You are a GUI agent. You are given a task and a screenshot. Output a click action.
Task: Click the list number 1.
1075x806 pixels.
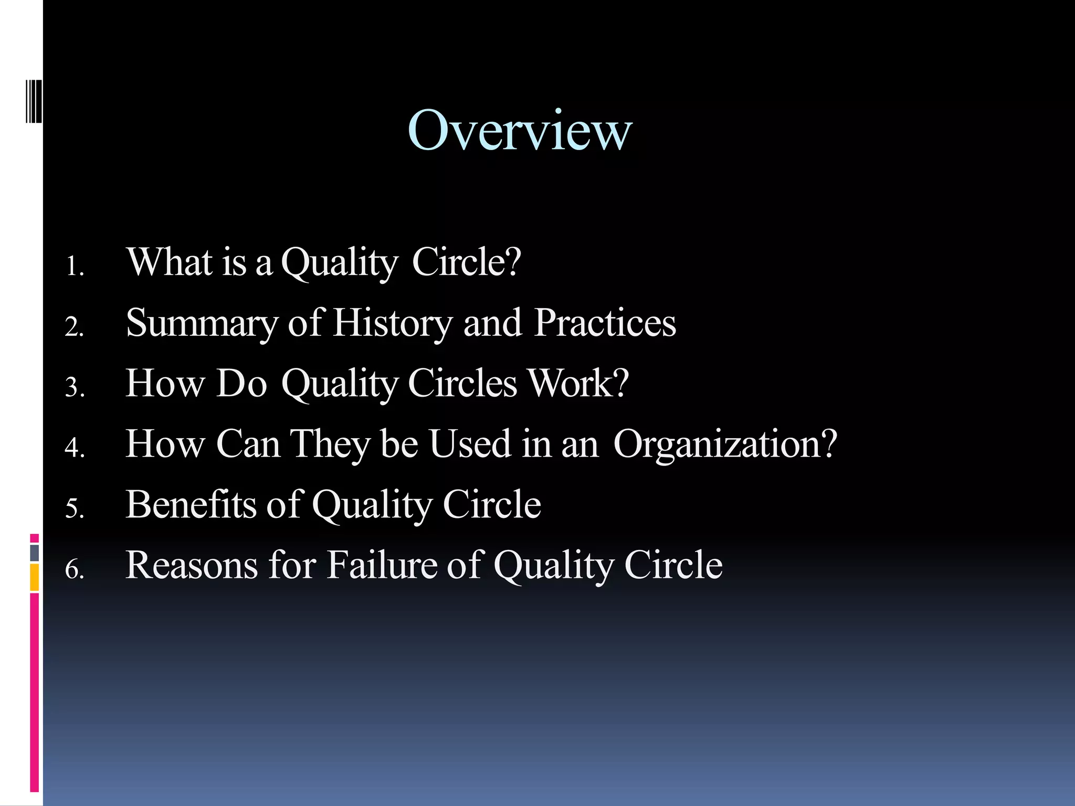[x=74, y=267]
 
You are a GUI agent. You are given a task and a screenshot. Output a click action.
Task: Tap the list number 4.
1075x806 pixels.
[x=74, y=448]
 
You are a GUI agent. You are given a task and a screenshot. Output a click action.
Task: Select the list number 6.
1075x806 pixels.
[x=74, y=570]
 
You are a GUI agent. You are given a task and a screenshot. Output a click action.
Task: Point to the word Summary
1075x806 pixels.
[x=202, y=323]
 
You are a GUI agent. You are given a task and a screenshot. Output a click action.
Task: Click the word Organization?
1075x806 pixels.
[x=724, y=444]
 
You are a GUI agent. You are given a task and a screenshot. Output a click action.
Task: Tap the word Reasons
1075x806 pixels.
[x=192, y=565]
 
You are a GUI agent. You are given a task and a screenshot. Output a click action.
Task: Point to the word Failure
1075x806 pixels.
[x=382, y=565]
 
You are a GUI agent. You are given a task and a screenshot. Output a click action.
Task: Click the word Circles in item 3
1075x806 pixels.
[x=462, y=383]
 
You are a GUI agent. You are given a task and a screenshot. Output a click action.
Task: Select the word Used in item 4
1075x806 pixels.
[x=470, y=443]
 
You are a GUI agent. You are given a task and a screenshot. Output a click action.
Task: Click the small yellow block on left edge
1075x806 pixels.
[x=34, y=577]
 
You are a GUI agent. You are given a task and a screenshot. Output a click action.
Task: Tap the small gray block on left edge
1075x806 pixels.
[x=34, y=553]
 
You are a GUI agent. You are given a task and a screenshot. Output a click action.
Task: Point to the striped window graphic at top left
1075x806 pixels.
[x=33, y=100]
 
